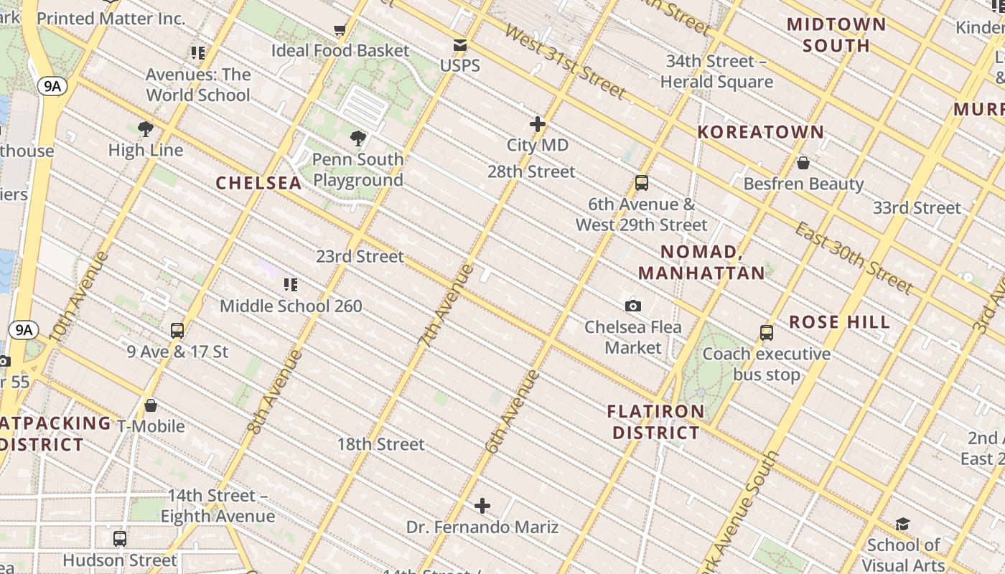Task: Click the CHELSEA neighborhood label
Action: (258, 183)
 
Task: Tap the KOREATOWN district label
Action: (761, 132)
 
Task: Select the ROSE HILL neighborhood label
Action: (839, 322)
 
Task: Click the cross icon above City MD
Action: (537, 124)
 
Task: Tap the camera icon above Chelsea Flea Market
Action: (632, 306)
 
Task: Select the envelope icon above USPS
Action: (459, 46)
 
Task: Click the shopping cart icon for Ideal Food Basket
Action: (340, 30)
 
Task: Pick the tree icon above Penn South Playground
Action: (357, 138)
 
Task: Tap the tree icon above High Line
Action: (145, 129)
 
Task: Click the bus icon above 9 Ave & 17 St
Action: (177, 331)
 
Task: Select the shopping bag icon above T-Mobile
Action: (151, 405)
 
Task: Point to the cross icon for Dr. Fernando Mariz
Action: (482, 507)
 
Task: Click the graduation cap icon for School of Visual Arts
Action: (902, 524)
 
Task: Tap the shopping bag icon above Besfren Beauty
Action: (803, 163)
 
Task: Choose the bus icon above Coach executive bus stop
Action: (766, 333)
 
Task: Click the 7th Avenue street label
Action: (447, 306)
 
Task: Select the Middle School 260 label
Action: (291, 306)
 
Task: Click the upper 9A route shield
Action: (52, 87)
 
